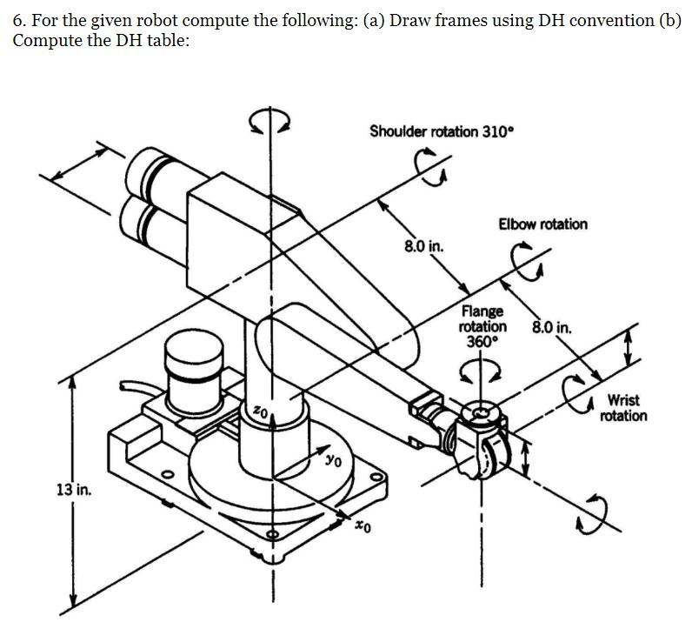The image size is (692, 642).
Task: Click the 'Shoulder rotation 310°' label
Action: pos(442,131)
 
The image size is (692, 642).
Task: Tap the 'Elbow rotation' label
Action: pos(542,224)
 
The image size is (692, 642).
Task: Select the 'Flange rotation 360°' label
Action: pos(482,326)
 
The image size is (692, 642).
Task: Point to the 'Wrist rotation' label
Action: pos(623,408)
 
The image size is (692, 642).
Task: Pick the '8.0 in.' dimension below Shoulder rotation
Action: pos(423,246)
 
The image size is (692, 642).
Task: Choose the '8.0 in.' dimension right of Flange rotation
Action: pos(551,329)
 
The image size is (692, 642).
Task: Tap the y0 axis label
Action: pos(332,459)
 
